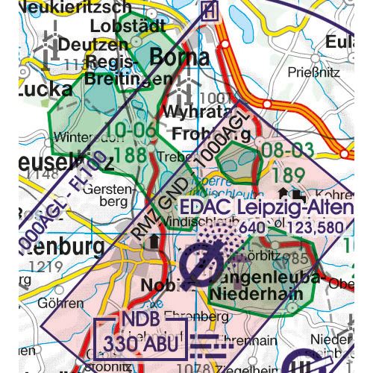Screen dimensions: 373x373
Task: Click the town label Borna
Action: [x=180, y=57]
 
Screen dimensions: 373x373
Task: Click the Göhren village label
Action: [x=63, y=303]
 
